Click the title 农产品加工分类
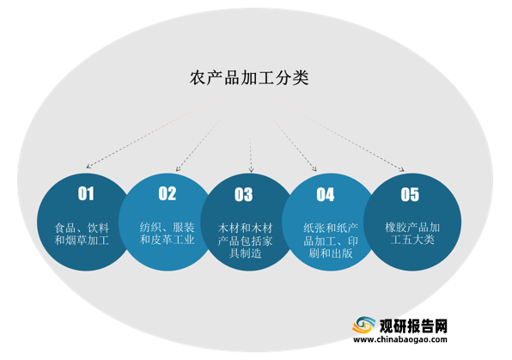(249, 77)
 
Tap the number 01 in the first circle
(86, 193)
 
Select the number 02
(168, 193)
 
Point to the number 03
(244, 195)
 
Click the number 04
(326, 195)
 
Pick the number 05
(410, 195)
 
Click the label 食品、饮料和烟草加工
(82, 234)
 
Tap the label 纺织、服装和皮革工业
(168, 233)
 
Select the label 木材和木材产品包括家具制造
(245, 241)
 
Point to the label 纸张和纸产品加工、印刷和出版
(331, 241)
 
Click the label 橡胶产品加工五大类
(412, 233)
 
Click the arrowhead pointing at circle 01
(88, 167)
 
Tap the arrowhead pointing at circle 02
(178, 168)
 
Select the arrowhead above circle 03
(251, 169)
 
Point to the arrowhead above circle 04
(314, 169)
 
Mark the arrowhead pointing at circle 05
(402, 169)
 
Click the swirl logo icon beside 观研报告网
(363, 325)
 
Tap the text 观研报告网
(413, 326)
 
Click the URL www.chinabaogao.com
(400, 339)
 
